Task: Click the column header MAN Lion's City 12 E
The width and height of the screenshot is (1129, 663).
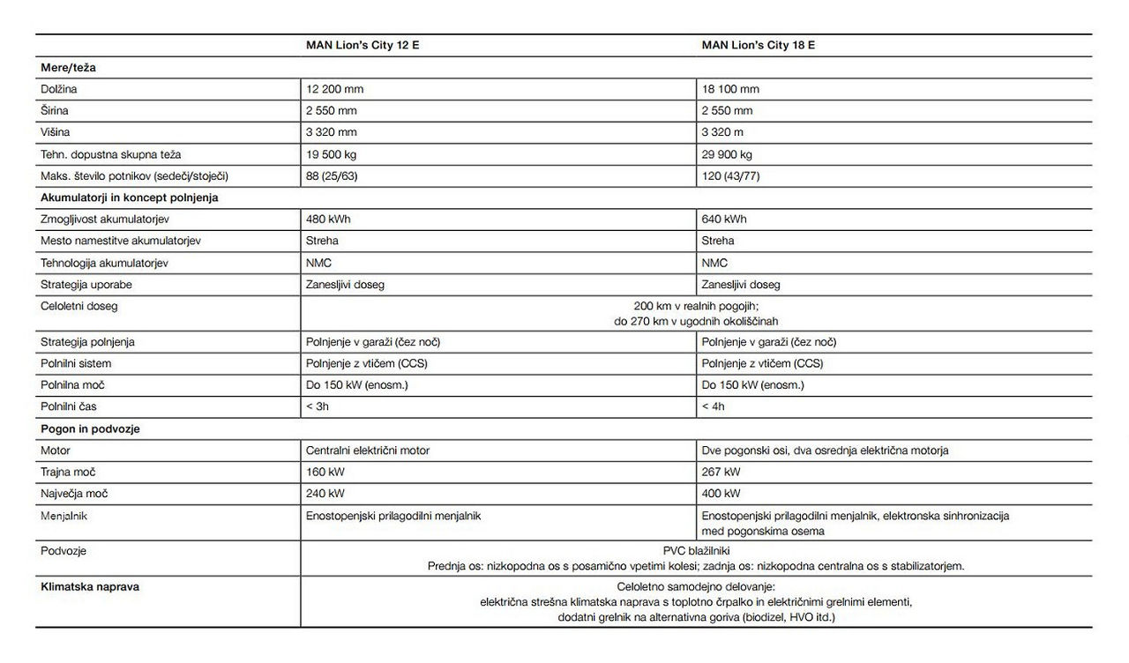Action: [363, 44]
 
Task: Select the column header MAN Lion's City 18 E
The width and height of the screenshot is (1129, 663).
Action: [758, 44]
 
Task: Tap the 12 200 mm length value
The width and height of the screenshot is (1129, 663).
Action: [334, 89]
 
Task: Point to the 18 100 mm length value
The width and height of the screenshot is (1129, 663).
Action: [729, 89]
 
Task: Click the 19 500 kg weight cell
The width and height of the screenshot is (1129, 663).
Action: [333, 154]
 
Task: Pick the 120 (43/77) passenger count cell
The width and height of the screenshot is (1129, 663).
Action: [730, 176]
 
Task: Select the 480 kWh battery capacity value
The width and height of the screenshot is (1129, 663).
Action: [328, 220]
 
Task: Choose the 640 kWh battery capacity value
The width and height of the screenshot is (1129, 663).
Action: [723, 220]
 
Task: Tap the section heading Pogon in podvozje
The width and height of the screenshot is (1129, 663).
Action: [91, 429]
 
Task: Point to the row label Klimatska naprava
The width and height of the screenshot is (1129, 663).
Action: [89, 585]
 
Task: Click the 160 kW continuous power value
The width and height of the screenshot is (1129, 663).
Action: [325, 473]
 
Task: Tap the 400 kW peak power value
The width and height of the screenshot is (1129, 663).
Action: [721, 494]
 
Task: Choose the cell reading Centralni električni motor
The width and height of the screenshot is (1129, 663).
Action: [368, 451]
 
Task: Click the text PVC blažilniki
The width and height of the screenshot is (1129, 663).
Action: [696, 550]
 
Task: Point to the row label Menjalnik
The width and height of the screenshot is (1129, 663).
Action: [64, 516]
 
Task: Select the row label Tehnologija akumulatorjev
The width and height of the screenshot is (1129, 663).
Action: [104, 263]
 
